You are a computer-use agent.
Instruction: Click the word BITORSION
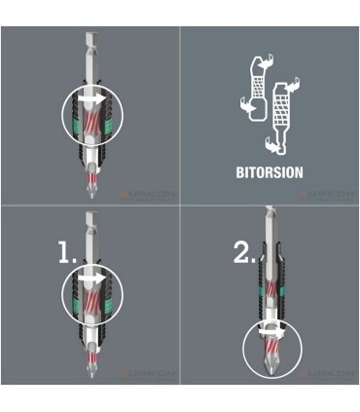click(270, 172)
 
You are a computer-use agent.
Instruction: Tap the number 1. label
click(65, 255)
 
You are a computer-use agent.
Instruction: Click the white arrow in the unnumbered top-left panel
click(91, 98)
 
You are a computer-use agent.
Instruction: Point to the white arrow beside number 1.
click(91, 277)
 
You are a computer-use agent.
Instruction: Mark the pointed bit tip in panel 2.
click(269, 369)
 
